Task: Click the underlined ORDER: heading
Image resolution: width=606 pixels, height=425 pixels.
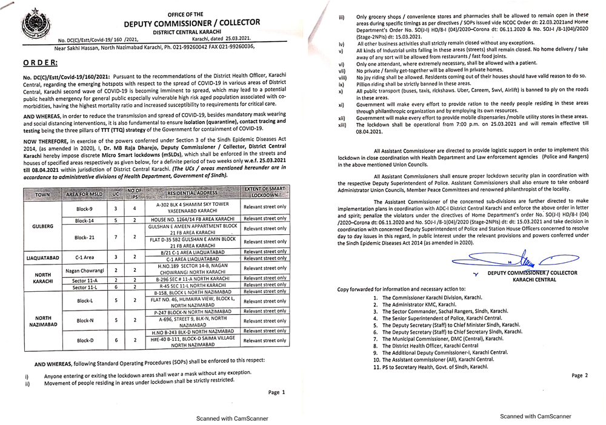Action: [x=41, y=62]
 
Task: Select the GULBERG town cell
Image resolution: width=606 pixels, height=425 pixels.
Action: [x=42, y=226]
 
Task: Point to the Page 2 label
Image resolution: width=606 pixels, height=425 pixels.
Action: [x=579, y=375]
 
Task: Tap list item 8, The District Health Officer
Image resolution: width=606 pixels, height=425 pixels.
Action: [x=430, y=346]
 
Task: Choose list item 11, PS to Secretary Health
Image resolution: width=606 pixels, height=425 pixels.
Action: [x=430, y=366]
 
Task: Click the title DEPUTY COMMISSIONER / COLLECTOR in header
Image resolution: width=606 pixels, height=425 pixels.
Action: [x=192, y=23]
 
